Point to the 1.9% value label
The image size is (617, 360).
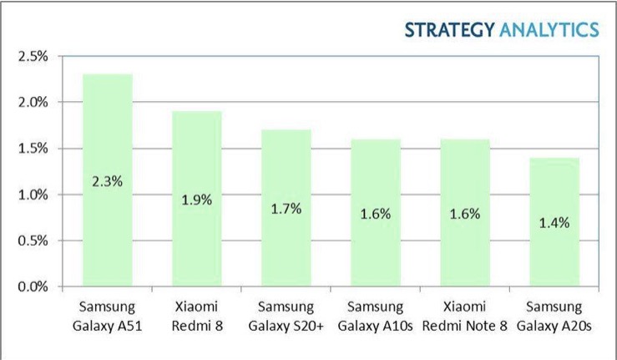(196, 200)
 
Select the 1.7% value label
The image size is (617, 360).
(286, 208)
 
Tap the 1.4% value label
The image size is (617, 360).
(554, 222)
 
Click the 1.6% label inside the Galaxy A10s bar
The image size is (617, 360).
(375, 213)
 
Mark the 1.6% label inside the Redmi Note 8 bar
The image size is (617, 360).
(464, 213)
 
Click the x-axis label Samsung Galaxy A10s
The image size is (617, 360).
(375, 316)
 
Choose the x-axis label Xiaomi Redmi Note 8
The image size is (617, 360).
(464, 316)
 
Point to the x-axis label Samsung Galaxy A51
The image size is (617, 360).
(107, 316)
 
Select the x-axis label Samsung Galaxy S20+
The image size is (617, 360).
(286, 316)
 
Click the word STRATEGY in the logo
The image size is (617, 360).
(449, 30)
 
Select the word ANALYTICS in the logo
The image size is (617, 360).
(549, 30)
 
